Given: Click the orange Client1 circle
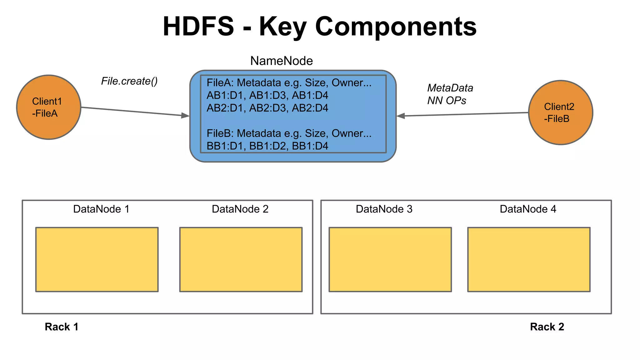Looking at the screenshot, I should point(48,107).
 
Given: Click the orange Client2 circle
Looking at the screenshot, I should point(560,112).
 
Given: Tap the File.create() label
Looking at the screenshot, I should point(129,81).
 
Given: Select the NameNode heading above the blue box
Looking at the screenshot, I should point(281,61).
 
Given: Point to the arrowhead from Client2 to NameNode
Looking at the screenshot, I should point(401,116).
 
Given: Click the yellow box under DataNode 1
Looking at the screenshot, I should point(97,259).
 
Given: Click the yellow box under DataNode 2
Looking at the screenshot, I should point(241,259).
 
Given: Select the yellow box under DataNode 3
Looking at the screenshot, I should point(390,259).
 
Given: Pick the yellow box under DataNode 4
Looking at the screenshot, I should point(529,259).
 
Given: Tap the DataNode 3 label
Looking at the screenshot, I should point(384,209).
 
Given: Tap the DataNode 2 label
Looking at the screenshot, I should point(240,209).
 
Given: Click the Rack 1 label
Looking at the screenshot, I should point(61,327).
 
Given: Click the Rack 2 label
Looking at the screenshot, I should point(547,327).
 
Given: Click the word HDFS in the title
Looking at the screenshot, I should point(198,27).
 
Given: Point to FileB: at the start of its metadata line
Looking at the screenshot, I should point(220,133).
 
